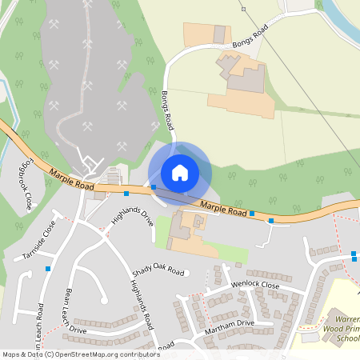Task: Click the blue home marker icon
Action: pyautogui.click(x=180, y=172)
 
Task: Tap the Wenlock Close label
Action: pyautogui.click(x=255, y=285)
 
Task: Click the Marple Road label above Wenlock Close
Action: pyautogui.click(x=223, y=210)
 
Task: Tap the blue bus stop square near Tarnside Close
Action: pyautogui.click(x=49, y=269)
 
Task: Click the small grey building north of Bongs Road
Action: pyautogui.click(x=218, y=34)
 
